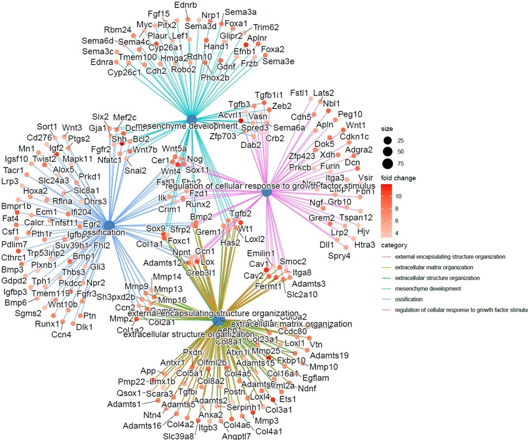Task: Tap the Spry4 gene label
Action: pyautogui.click(x=339, y=255)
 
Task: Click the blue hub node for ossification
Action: pyautogui.click(x=109, y=225)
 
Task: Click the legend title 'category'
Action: pyautogui.click(x=395, y=245)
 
